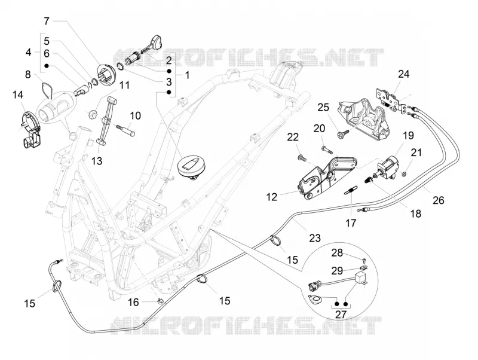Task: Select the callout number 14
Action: coord(18,95)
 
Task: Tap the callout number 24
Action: coord(404,74)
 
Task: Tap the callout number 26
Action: coord(439,200)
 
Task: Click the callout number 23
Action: coord(315,238)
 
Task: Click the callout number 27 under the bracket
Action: coord(341,314)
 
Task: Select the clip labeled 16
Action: coord(160,301)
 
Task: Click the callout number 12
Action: coord(272,197)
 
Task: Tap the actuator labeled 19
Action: coord(388,167)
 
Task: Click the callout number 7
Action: coord(47,22)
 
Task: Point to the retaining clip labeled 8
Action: coord(47,90)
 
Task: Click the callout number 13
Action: coord(97,161)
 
